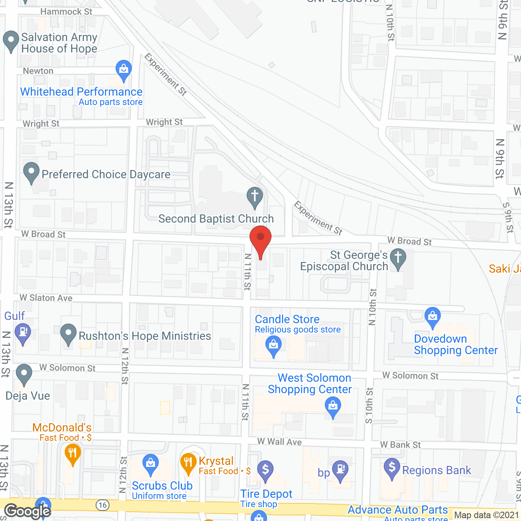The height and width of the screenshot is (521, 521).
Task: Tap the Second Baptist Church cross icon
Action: point(255,196)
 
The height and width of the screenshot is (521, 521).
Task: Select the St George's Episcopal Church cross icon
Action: point(398,258)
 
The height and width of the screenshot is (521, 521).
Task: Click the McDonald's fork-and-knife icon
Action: point(73,453)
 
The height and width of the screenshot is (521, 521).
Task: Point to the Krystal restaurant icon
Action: point(188,462)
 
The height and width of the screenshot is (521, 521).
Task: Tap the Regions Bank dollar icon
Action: point(392,468)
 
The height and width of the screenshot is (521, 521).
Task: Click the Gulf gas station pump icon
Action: point(23,333)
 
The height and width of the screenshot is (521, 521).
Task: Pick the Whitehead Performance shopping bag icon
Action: point(123,70)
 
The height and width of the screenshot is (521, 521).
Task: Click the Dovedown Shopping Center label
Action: point(455,345)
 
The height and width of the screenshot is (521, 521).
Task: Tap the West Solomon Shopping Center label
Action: point(310,384)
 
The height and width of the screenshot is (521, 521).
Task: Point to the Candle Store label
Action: point(287,320)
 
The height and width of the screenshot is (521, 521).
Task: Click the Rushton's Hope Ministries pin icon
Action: point(68,334)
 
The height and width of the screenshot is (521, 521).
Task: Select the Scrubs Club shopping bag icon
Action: point(151,463)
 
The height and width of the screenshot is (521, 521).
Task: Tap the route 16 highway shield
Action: point(102,505)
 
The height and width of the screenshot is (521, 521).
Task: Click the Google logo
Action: point(28,511)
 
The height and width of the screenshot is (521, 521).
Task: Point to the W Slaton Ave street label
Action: point(46,298)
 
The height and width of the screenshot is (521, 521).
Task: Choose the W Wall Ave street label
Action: point(279,442)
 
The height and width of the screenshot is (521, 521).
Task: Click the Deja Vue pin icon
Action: point(24,374)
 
